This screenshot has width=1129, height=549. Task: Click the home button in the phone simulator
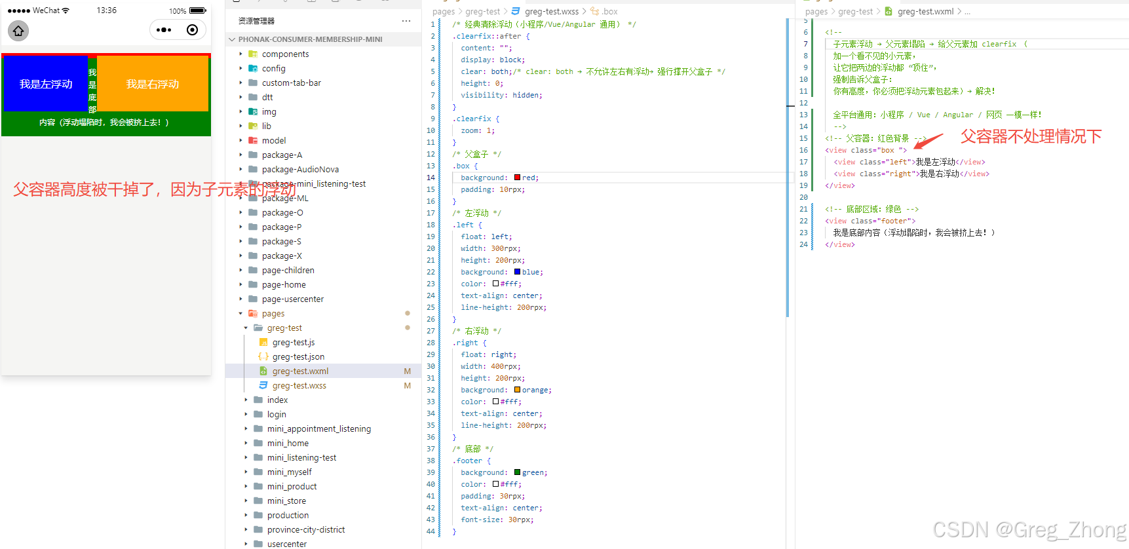18,31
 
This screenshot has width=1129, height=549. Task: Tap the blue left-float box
45,84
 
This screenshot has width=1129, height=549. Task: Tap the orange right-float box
153,84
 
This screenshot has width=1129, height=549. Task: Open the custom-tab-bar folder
291,83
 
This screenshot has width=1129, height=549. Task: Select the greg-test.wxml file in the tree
300,371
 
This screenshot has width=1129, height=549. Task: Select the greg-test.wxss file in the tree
299,386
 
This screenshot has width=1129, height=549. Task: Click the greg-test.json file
298,357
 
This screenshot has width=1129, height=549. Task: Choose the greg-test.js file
294,343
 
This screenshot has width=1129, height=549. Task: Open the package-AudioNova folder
300,170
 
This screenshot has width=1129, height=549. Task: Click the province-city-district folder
305,530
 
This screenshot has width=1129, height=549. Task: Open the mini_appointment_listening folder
318,429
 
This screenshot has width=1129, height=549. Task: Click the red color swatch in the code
518,178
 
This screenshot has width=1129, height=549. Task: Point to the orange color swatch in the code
518,390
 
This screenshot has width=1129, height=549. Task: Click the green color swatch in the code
518,472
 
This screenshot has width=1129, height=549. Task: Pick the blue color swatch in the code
518,272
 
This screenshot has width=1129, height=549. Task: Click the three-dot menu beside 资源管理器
406,21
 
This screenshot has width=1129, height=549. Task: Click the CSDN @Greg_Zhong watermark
1029,529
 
